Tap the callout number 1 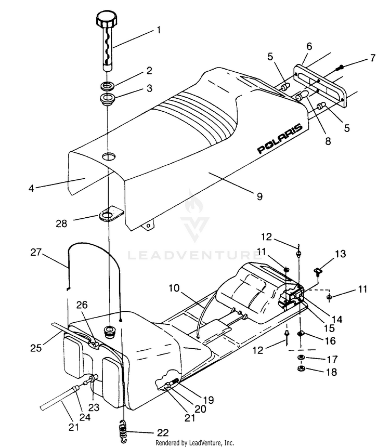coord(159,30)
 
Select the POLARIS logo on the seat coord(280,138)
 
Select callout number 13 coord(340,254)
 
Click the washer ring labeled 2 coord(110,85)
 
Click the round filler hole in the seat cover coord(109,156)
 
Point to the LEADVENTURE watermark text coord(194,255)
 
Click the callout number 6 coord(309,46)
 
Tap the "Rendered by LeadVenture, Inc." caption coord(195,443)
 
